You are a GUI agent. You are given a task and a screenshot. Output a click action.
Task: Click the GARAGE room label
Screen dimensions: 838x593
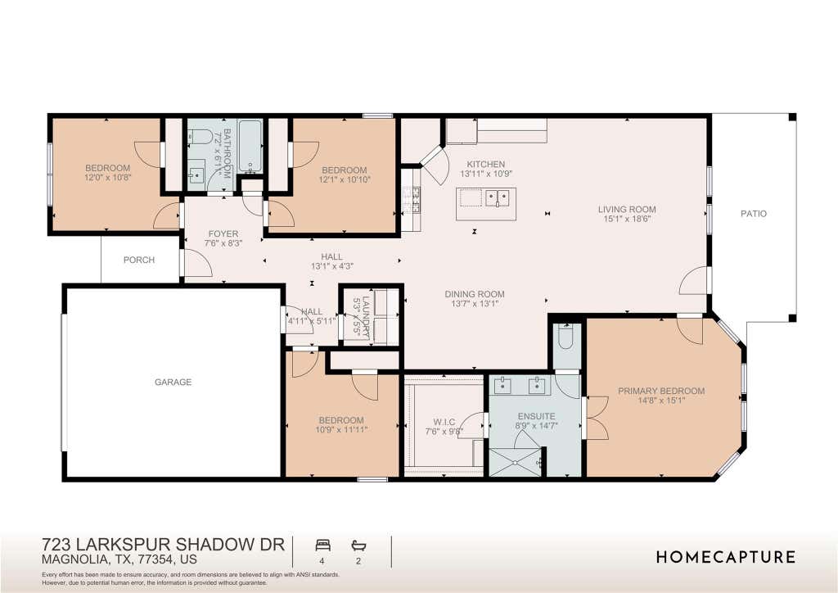click(173, 382)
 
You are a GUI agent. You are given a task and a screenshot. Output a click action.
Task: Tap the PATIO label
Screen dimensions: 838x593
click(754, 214)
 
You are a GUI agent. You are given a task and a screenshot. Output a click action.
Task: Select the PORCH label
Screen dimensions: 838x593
click(139, 260)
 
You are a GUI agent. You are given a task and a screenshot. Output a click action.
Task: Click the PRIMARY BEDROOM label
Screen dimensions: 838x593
click(661, 391)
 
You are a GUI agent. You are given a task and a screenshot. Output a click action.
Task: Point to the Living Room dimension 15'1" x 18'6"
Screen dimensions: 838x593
click(627, 219)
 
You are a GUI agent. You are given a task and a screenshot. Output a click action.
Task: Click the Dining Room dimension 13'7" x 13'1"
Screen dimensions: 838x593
click(475, 304)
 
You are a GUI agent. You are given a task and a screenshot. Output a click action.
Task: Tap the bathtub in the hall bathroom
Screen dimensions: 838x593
click(250, 147)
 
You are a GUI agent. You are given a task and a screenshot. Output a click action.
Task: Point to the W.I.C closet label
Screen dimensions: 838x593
click(444, 422)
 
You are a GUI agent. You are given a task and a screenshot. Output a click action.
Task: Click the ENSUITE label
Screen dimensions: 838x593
click(537, 417)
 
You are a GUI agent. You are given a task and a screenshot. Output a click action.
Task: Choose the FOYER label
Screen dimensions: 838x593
click(223, 233)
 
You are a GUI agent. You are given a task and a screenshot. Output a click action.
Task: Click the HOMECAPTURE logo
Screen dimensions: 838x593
click(726, 557)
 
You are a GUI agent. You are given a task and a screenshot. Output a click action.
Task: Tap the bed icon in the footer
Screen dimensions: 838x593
click(322, 545)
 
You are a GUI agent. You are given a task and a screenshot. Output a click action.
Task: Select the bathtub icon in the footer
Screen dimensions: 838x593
click(358, 545)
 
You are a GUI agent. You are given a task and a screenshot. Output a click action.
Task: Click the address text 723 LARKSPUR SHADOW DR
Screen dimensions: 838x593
click(163, 545)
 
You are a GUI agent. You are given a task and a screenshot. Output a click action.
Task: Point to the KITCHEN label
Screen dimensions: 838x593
click(486, 164)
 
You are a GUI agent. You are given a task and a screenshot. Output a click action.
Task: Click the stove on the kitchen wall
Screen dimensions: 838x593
click(412, 201)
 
